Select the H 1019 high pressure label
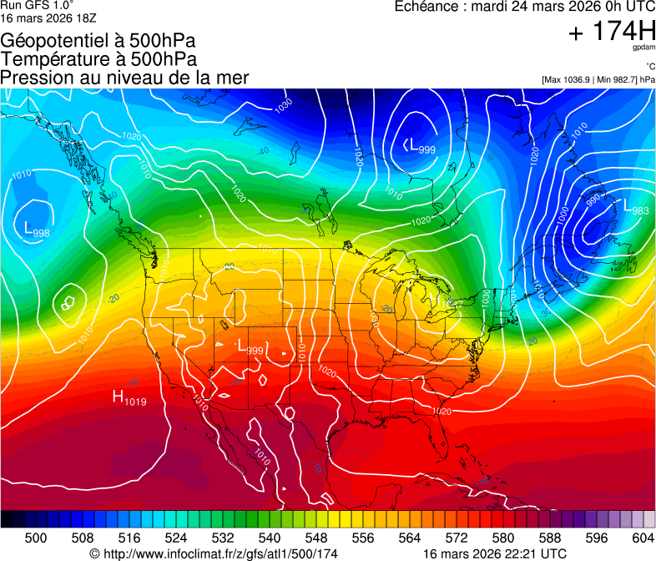point(129,398)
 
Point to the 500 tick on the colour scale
point(36,538)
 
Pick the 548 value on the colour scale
point(304,538)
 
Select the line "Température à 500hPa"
point(98,59)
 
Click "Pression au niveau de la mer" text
point(124,78)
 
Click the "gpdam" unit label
point(643,48)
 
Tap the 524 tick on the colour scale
point(169,538)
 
